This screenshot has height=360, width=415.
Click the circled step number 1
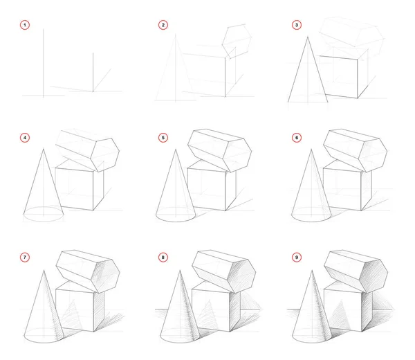[26, 26]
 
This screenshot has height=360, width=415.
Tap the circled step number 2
[163, 26]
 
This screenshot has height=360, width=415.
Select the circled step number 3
[297, 26]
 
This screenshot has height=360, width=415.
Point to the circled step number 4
[26, 138]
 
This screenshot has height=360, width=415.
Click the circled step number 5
[163, 138]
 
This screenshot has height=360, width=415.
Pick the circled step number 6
[297, 138]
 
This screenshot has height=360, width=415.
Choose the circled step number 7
[26, 258]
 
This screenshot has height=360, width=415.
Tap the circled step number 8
[163, 258]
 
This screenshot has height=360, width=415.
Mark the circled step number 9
[297, 258]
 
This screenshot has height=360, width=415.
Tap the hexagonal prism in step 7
[86, 267]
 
